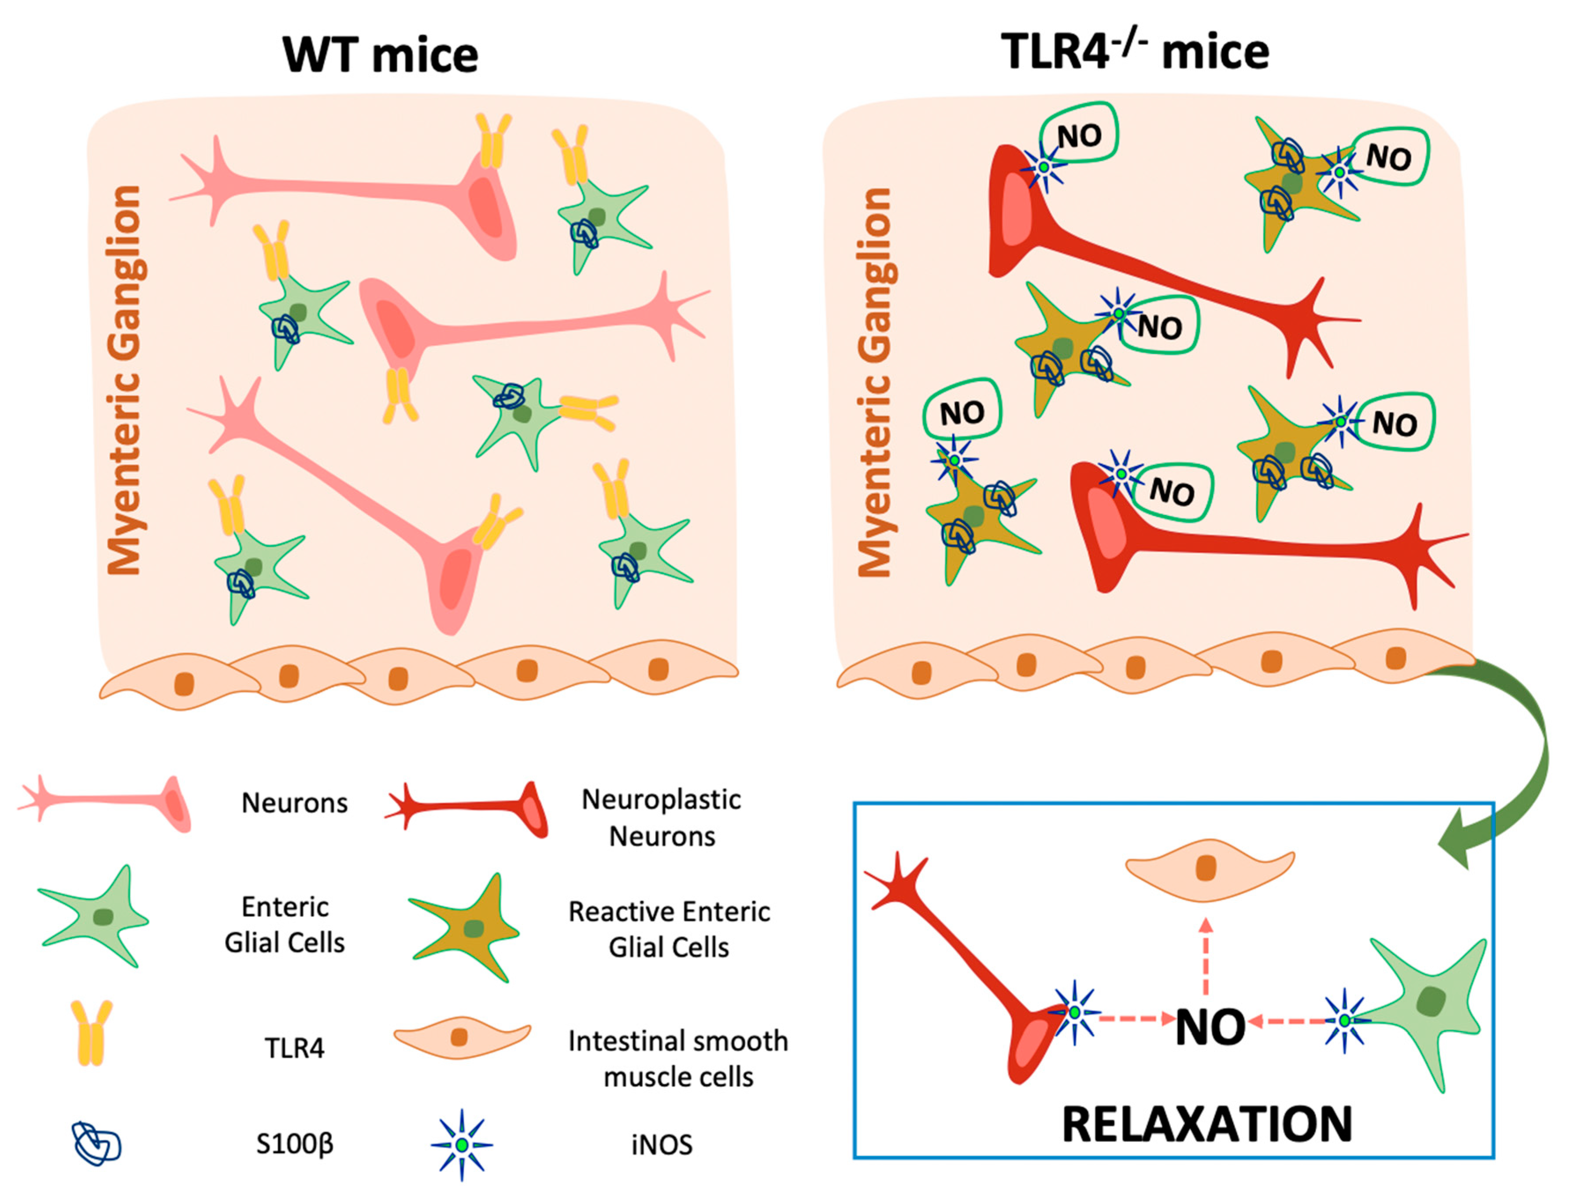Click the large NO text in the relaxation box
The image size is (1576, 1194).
(x=1210, y=1027)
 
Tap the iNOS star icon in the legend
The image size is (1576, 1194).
(x=462, y=1145)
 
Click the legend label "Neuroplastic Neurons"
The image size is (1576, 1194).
(x=661, y=818)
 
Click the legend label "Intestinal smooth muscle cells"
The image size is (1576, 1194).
(x=677, y=1059)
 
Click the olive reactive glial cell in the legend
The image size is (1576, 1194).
(x=466, y=927)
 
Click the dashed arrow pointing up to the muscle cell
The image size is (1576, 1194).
(x=1206, y=955)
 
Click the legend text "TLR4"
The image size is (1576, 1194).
(x=294, y=1048)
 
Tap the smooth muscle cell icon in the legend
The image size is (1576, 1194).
(x=462, y=1037)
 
